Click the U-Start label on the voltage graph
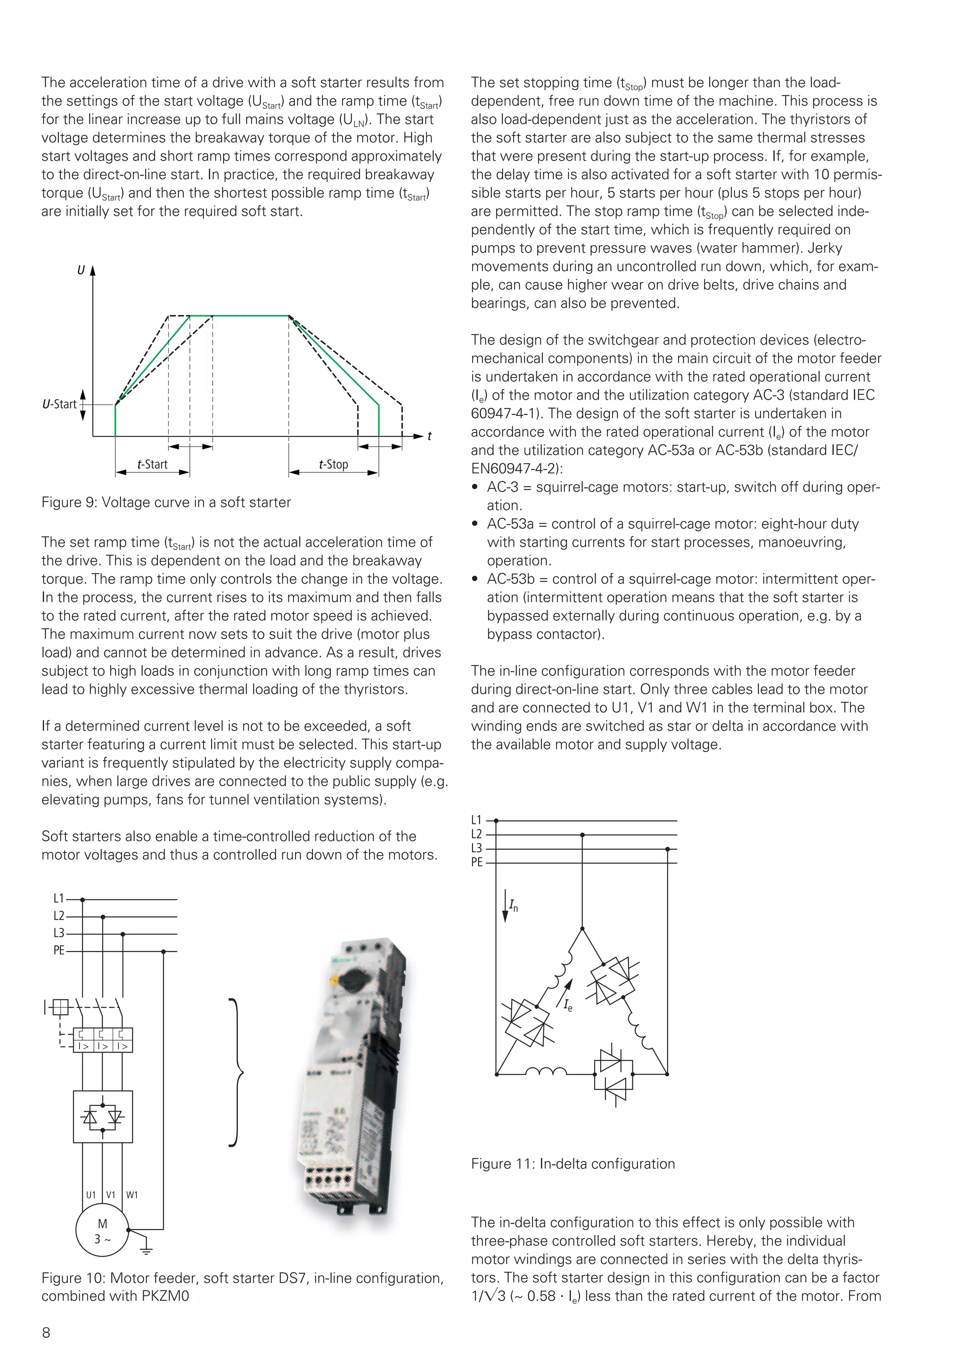coord(59,404)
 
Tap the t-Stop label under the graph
coord(333,464)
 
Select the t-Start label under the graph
coord(152,464)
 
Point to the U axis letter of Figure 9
coord(81,271)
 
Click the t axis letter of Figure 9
coord(429,436)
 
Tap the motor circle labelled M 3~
coord(102,1231)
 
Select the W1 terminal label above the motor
coord(132,1195)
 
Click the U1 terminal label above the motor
coord(90,1195)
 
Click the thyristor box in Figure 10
coord(103,1117)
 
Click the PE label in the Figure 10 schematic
coord(59,951)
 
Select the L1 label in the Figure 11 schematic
coord(476,821)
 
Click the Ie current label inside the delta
coord(569,1005)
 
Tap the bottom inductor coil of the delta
coord(546,1071)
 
